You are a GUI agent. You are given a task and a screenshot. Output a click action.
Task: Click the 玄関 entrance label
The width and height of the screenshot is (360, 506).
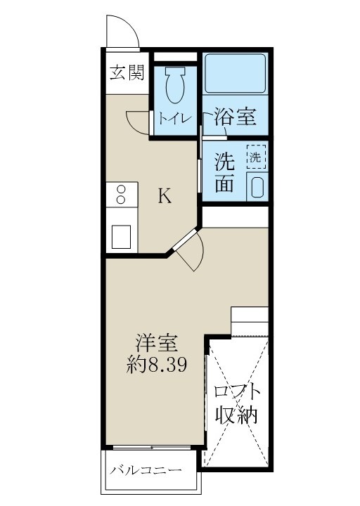click(127, 73)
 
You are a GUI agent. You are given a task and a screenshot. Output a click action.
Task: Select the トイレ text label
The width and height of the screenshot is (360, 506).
click(173, 119)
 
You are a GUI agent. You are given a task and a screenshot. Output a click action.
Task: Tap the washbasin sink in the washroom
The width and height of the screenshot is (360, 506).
click(257, 188)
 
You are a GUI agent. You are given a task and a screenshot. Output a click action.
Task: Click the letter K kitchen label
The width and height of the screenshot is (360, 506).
click(163, 196)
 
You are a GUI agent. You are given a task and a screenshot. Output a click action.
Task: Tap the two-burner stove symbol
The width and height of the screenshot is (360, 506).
click(122, 195)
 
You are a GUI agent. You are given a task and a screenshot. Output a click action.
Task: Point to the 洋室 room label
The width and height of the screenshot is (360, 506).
click(156, 344)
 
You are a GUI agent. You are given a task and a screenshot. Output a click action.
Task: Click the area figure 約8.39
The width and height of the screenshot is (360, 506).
click(156, 365)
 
